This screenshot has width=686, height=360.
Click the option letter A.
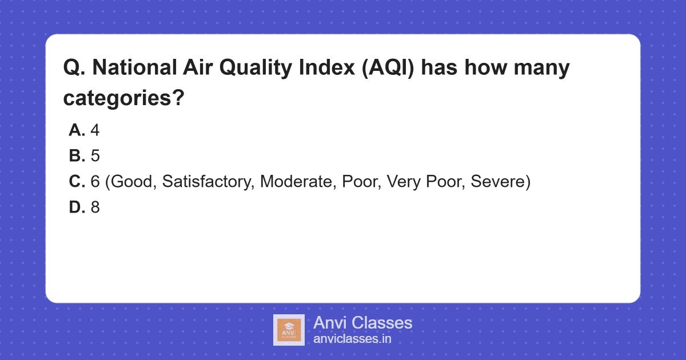(77, 131)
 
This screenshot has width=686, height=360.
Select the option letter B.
(77, 157)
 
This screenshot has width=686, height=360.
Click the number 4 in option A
(95, 131)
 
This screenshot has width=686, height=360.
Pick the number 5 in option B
(95, 157)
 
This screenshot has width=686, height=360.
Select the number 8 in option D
(95, 208)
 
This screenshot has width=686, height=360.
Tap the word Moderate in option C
(297, 182)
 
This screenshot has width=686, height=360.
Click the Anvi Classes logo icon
(289, 330)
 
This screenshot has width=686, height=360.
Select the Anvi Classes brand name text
(362, 323)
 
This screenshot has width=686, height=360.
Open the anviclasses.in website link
(352, 339)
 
